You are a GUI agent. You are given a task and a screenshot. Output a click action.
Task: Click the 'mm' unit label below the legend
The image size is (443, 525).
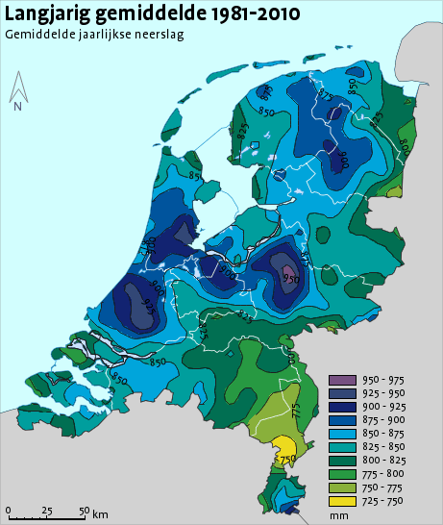tap(337, 516)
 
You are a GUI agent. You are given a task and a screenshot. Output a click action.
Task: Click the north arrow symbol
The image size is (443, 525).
tap(17, 88)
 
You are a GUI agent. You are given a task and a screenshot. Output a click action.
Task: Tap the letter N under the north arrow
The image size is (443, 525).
tap(17, 107)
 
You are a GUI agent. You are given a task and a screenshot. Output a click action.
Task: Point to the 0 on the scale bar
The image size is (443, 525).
tap(9, 510)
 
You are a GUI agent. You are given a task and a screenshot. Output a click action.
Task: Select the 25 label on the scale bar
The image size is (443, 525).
tap(46, 510)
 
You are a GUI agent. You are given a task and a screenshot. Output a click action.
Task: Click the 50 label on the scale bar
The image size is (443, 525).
tap(84, 510)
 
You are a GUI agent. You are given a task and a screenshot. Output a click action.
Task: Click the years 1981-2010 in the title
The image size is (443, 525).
tap(246, 13)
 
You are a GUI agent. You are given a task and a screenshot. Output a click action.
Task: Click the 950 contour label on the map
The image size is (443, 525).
tap(290, 278)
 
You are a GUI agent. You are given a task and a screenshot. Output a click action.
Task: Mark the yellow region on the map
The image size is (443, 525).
tap(284, 446)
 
